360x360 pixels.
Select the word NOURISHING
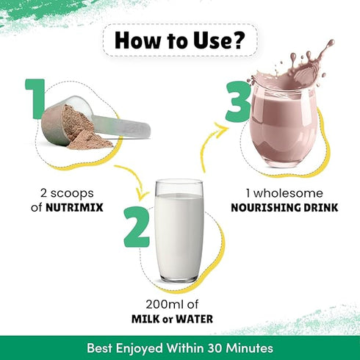coord(266,207)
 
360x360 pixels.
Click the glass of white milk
coord(179,231)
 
